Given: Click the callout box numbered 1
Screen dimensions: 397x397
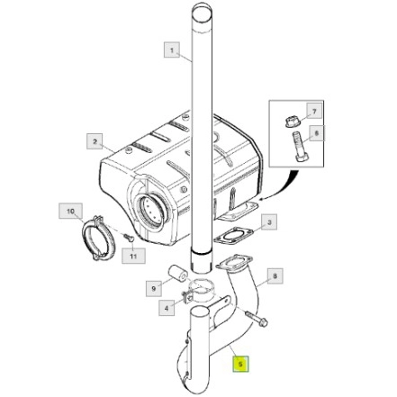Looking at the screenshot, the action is pyautogui.click(x=172, y=50).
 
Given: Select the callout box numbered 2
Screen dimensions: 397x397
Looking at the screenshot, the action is pyautogui.click(x=95, y=141).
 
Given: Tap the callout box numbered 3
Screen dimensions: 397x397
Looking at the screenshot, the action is pyautogui.click(x=269, y=222).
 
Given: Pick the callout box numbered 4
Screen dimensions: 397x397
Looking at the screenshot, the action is pyautogui.click(x=167, y=308).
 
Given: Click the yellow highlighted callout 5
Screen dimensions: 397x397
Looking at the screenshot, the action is pyautogui.click(x=240, y=364).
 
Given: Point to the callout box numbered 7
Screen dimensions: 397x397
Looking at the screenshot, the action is pyautogui.click(x=314, y=112).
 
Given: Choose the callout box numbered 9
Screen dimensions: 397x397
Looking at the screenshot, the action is pyautogui.click(x=154, y=288).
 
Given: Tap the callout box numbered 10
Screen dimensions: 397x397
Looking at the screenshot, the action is pyautogui.click(x=70, y=211).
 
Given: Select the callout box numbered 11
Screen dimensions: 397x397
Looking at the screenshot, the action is pyautogui.click(x=133, y=256).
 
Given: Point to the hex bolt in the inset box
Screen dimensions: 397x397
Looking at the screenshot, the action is pyautogui.click(x=300, y=147).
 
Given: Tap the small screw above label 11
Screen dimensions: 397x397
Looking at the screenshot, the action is pyautogui.click(x=130, y=238).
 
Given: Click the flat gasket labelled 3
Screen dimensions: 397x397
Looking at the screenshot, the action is pyautogui.click(x=233, y=235).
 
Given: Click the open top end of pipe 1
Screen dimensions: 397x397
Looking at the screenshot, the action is pyautogui.click(x=202, y=13).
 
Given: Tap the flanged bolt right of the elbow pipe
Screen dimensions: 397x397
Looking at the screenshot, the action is pyautogui.click(x=257, y=319).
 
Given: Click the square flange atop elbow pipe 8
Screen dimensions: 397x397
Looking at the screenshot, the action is pyautogui.click(x=234, y=262).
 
